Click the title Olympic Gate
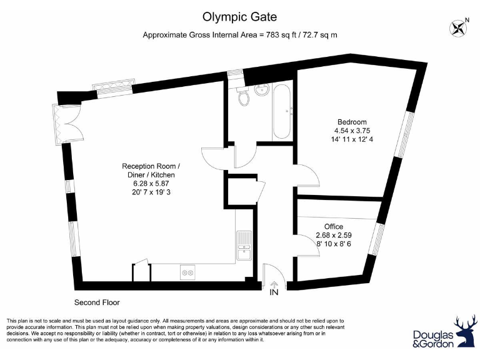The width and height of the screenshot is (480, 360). click(x=240, y=17)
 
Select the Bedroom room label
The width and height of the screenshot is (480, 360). click(x=352, y=122)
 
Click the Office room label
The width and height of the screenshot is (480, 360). click(x=333, y=226)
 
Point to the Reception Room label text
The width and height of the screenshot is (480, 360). click(x=151, y=166)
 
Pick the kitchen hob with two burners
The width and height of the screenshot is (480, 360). click(x=187, y=272)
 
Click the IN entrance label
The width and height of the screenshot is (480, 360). click(x=274, y=292)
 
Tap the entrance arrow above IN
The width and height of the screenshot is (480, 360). click(x=274, y=283)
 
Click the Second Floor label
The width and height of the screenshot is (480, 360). click(x=97, y=302)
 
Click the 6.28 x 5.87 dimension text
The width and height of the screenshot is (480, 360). click(x=151, y=184)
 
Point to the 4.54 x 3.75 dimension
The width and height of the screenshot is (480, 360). click(x=352, y=131)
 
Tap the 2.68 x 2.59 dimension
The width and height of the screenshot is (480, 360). click(x=333, y=235)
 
